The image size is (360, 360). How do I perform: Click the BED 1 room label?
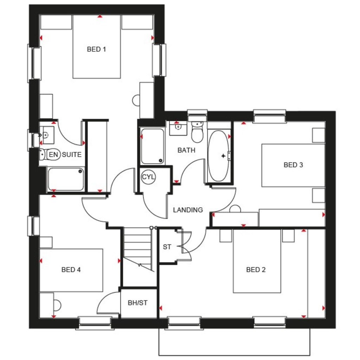pyautogui.click(x=96, y=49)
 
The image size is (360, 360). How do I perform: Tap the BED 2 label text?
pyautogui.click(x=256, y=270)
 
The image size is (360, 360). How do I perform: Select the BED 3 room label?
pyautogui.click(x=293, y=165)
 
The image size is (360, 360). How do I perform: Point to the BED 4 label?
pyautogui.click(x=71, y=270)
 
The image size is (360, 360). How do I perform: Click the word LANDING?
pyautogui.click(x=188, y=210)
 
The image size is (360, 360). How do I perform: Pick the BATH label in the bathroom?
pyautogui.click(x=186, y=150)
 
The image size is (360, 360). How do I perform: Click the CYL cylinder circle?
pyautogui.click(x=148, y=177)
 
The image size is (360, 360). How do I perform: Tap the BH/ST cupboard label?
pyautogui.click(x=138, y=303)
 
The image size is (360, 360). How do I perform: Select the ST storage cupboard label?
pyautogui.click(x=167, y=247)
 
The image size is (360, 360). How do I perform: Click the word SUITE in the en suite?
pyautogui.click(x=72, y=154)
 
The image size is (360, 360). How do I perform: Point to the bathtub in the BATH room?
pyautogui.click(x=218, y=156)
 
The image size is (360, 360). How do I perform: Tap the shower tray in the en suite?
pyautogui.click(x=66, y=179)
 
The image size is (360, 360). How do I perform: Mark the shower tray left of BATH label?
pyautogui.click(x=152, y=146)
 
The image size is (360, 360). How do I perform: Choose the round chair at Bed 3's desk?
pyautogui.click(x=235, y=210)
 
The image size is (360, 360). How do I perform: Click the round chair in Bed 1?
pyautogui.click(x=136, y=100)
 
